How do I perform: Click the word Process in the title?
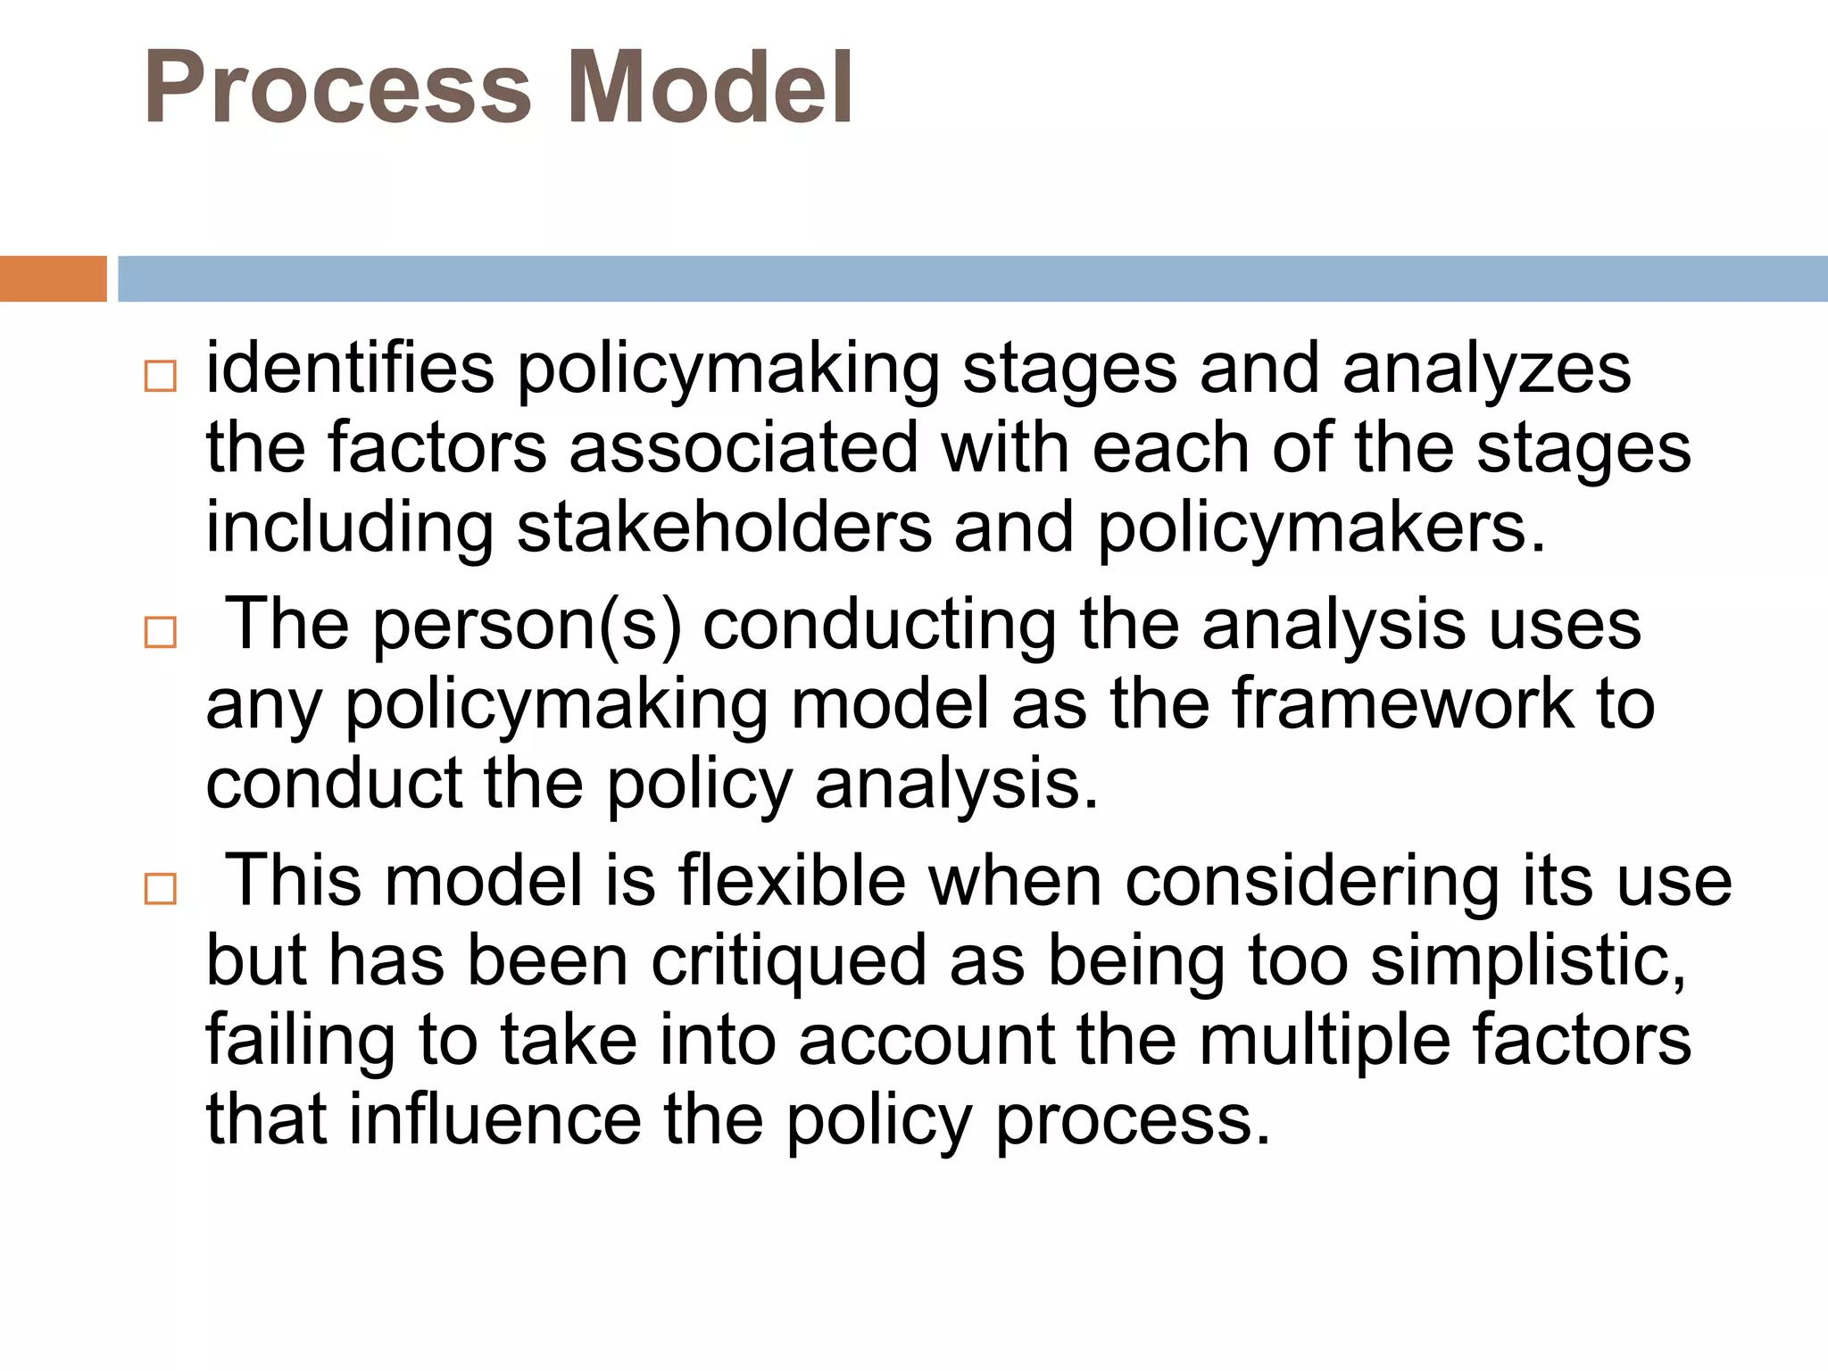coord(337,87)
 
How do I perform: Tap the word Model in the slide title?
coord(710,87)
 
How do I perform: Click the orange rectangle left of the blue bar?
coord(53,278)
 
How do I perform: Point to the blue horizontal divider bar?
coord(972,278)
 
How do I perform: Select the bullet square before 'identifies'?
coord(161,377)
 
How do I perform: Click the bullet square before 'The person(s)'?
coord(161,633)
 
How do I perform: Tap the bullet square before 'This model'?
coord(161,889)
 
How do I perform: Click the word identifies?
coord(350,369)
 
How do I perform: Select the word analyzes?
coord(1486,370)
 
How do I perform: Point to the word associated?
coord(744,448)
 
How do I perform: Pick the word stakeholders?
coord(724,528)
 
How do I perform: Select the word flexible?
coord(793,881)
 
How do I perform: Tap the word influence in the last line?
coord(494,1120)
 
